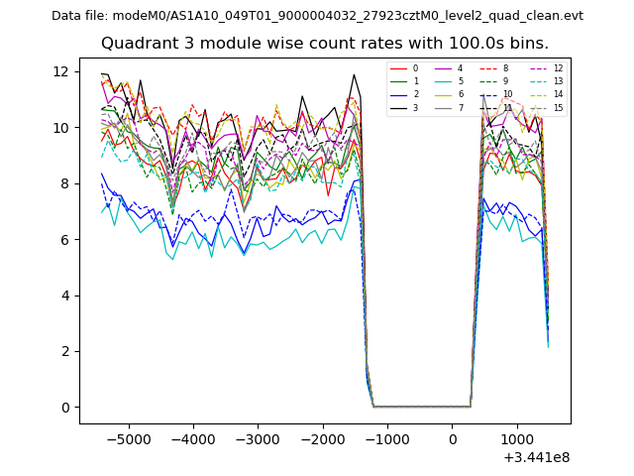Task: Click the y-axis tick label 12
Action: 60,71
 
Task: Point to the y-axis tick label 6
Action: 64,239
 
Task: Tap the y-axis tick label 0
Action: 64,407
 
